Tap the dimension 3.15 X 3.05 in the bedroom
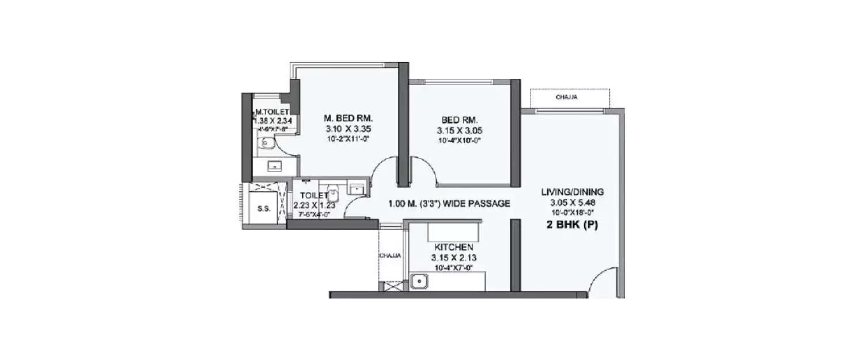click(458, 130)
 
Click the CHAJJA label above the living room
click(567, 98)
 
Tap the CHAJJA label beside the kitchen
click(390, 255)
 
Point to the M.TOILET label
click(268, 112)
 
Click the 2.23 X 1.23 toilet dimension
click(314, 205)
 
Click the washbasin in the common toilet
click(357, 188)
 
